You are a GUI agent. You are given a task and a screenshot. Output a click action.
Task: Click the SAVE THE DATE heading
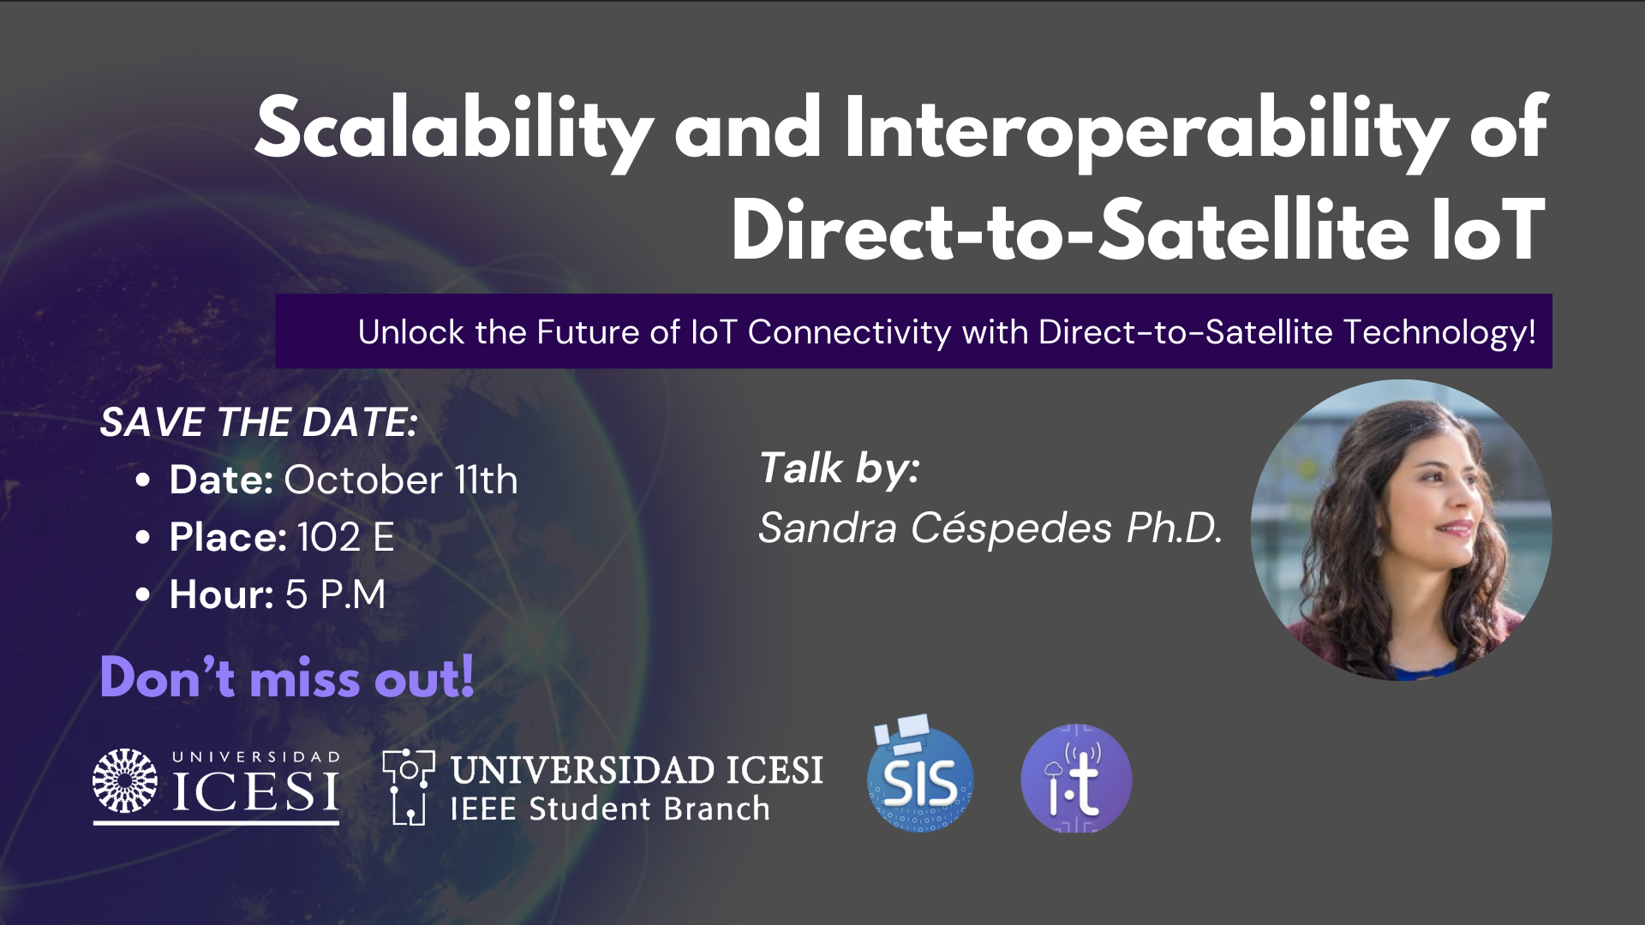(x=258, y=422)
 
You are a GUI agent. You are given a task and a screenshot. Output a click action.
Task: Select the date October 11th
(x=401, y=480)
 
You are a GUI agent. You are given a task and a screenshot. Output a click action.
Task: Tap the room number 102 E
(x=346, y=537)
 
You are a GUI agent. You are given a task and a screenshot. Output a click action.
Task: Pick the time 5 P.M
(x=336, y=594)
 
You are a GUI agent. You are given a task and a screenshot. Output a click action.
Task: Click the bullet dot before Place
(x=143, y=538)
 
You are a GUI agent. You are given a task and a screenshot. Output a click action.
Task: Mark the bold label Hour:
(x=221, y=594)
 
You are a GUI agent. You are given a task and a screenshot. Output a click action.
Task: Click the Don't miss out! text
(x=287, y=677)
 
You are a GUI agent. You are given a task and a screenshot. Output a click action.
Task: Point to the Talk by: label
(x=840, y=468)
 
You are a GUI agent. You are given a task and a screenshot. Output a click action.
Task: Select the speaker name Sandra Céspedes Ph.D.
(x=990, y=528)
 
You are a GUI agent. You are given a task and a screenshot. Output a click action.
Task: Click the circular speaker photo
(x=1402, y=530)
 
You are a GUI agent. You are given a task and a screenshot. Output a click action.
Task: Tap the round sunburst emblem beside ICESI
(x=125, y=780)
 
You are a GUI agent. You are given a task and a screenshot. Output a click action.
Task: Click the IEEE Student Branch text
(x=610, y=809)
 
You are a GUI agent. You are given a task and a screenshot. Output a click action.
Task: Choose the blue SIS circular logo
(x=920, y=776)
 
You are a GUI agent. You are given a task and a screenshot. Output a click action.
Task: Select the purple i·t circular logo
(x=1076, y=779)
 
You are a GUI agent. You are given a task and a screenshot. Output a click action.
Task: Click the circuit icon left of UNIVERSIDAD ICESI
(x=408, y=787)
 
